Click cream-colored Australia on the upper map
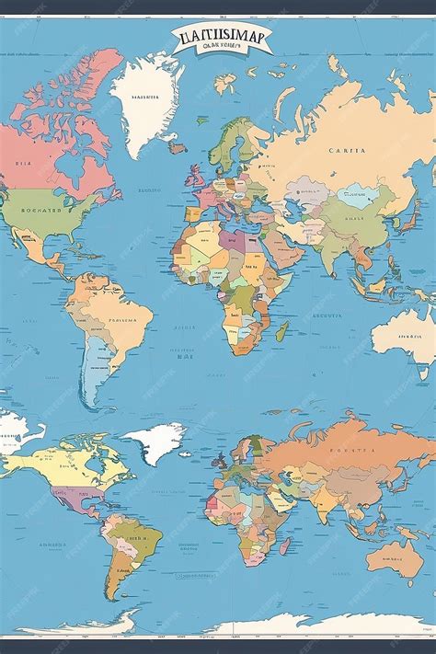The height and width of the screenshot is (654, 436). (x=405, y=331)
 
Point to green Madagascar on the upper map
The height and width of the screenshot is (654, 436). (x=282, y=331)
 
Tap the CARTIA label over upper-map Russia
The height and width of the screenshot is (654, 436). (x=346, y=150)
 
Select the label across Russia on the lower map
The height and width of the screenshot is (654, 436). (x=354, y=452)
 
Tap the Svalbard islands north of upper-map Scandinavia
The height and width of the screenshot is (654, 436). (x=225, y=85)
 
